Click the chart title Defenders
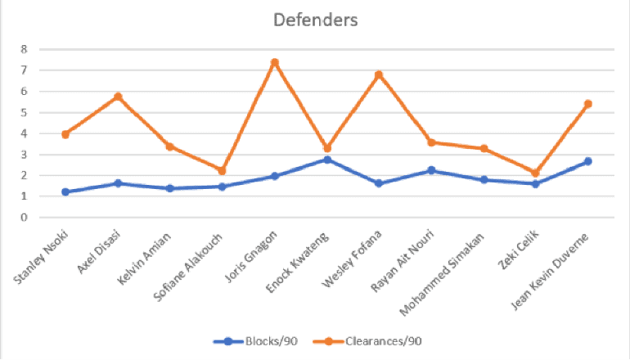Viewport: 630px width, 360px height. coord(315,20)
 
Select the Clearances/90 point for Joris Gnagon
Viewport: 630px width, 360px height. coord(275,62)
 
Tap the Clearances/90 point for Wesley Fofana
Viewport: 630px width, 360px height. coord(379,75)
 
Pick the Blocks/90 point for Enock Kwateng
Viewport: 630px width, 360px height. coord(327,160)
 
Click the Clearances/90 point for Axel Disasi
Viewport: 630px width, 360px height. coord(119,97)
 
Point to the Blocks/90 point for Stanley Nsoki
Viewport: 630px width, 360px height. coord(66,192)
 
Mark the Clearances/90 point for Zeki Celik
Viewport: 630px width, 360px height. coord(535,173)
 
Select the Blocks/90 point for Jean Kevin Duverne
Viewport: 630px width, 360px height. coord(587,161)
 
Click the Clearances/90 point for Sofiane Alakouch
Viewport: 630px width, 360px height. coord(223,171)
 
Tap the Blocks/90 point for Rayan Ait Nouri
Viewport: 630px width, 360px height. coord(431,171)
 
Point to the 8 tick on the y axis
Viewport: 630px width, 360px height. coord(25,49)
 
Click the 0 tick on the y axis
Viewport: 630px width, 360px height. coord(25,218)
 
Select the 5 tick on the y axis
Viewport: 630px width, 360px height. coord(25,112)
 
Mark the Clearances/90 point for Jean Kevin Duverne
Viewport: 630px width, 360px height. coord(587,104)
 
